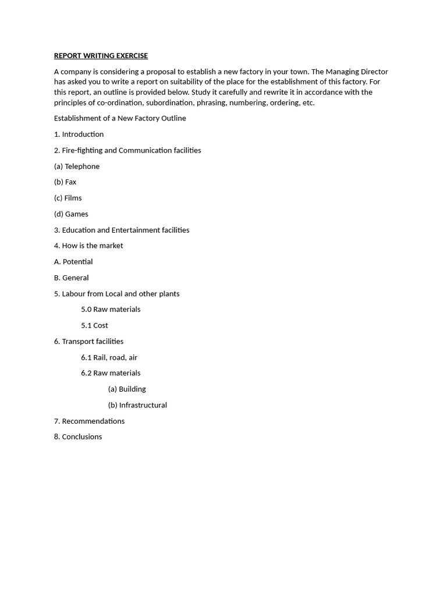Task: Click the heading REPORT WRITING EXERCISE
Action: click(x=101, y=56)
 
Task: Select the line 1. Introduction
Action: click(x=79, y=134)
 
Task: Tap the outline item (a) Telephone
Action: click(x=77, y=166)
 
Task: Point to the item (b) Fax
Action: click(x=65, y=182)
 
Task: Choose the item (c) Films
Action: click(x=68, y=198)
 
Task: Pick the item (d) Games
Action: click(x=71, y=214)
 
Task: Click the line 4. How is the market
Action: click(x=88, y=246)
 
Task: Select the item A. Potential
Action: click(x=73, y=262)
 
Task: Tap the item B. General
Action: click(x=72, y=278)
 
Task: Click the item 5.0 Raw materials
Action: click(x=111, y=310)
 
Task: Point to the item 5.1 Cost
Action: click(x=94, y=325)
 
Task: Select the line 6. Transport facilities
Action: click(x=88, y=342)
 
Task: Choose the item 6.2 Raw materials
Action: click(x=111, y=373)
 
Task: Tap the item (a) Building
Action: click(x=127, y=389)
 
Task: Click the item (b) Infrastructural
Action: click(x=137, y=405)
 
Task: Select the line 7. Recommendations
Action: click(x=89, y=421)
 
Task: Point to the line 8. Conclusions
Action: click(x=78, y=437)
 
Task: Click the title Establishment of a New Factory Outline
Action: click(x=120, y=118)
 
